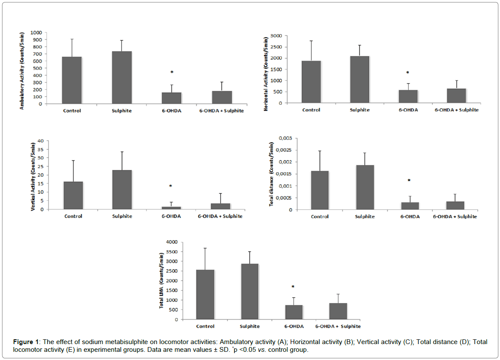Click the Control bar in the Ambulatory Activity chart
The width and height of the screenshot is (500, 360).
pyautogui.click(x=71, y=80)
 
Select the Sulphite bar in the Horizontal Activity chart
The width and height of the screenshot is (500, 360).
pyautogui.click(x=360, y=80)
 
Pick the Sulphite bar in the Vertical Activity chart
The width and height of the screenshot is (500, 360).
pyautogui.click(x=122, y=189)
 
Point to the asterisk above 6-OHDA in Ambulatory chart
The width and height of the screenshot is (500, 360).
pyautogui.click(x=172, y=72)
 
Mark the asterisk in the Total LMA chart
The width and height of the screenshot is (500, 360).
pyautogui.click(x=293, y=287)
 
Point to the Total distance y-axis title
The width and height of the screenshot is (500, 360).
pyautogui.click(x=272, y=174)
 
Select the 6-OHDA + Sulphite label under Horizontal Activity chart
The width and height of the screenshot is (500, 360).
pyautogui.click(x=457, y=110)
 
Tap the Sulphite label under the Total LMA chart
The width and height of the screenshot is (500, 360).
pyautogui.click(x=250, y=326)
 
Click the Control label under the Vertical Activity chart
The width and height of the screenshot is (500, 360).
pyautogui.click(x=73, y=216)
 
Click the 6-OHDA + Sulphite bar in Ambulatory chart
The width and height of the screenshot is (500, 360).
pyautogui.click(x=222, y=97)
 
